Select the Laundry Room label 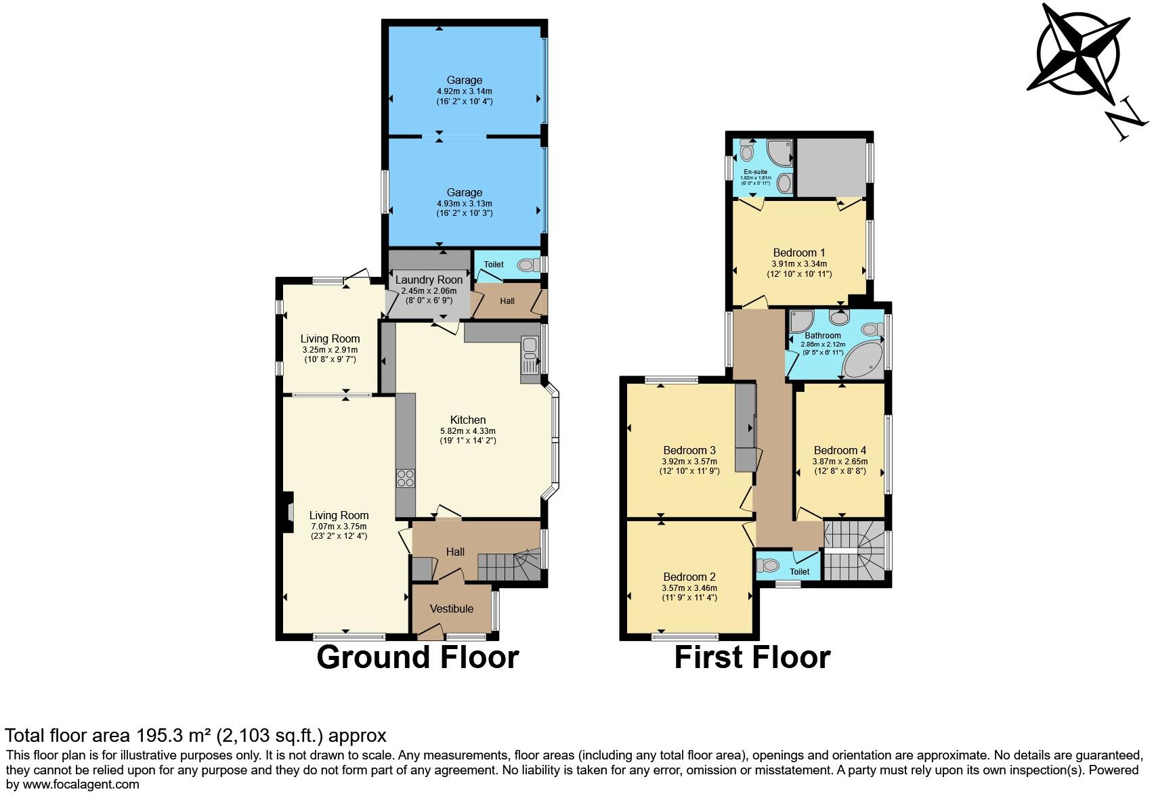429,280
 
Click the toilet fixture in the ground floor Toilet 526,266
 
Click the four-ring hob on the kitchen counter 405,478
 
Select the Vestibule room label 452,609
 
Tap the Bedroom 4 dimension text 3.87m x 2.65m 840,462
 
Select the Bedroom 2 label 689,577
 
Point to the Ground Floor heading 417,657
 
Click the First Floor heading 752,657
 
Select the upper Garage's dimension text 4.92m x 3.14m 464,91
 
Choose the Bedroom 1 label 798,253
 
